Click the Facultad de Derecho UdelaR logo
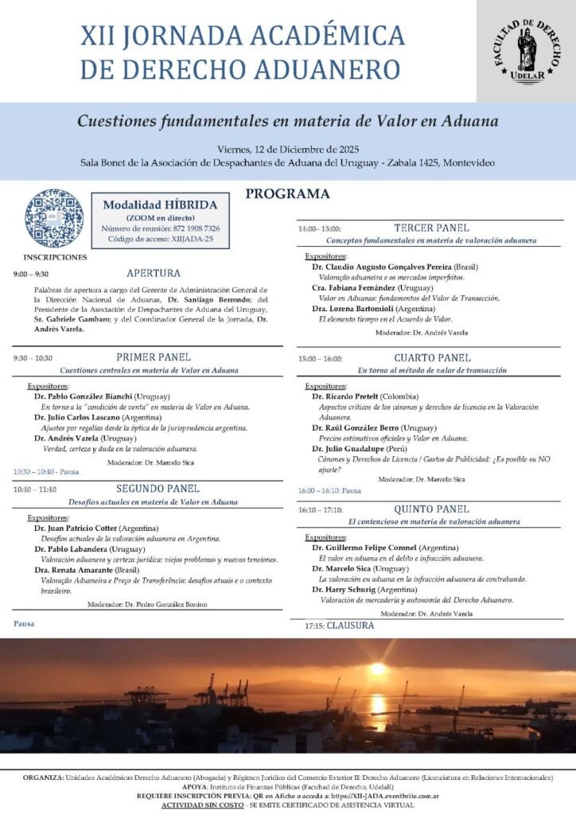pyautogui.click(x=526, y=49)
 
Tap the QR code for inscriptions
pyautogui.click(x=53, y=217)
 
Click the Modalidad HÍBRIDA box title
pyautogui.click(x=160, y=205)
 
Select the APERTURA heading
pyautogui.click(x=154, y=273)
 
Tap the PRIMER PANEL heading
pyautogui.click(x=154, y=357)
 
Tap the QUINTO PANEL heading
pyautogui.click(x=431, y=509)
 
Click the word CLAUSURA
pyautogui.click(x=350, y=626)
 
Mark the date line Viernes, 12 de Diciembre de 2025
pyautogui.click(x=287, y=149)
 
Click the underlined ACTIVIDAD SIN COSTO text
pyautogui.click(x=201, y=805)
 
